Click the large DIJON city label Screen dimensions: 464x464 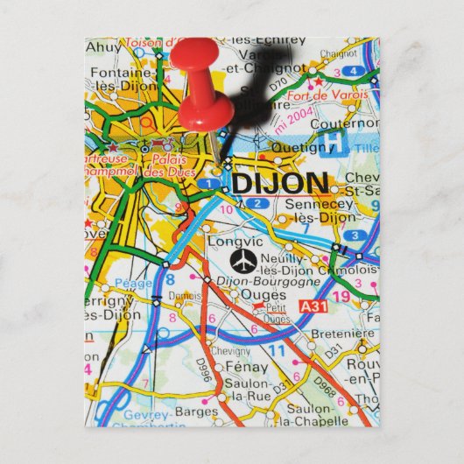pos(280,183)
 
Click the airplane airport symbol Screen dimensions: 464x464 pos(243,260)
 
